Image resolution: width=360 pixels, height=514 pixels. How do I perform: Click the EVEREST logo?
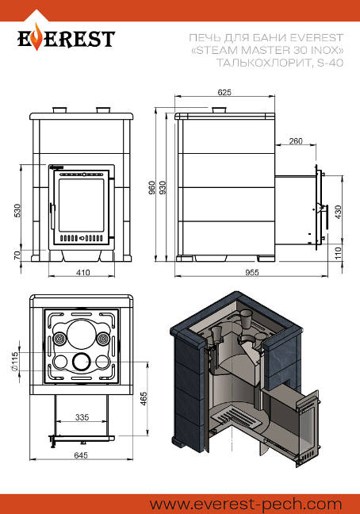point(66,39)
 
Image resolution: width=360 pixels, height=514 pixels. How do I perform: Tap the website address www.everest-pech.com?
point(245,504)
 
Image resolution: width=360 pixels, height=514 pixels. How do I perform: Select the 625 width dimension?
point(224,93)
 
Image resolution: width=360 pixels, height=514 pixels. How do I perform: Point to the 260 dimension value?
point(296,141)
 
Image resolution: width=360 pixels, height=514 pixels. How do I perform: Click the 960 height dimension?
point(152,187)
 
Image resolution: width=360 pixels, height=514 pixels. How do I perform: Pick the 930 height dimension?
point(163,187)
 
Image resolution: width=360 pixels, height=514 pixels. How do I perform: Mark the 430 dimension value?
point(338,213)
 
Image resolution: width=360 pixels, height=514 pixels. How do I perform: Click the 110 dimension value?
point(338,254)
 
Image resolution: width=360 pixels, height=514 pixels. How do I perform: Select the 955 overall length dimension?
point(252,272)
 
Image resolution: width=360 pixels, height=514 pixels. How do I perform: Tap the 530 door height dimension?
point(17,211)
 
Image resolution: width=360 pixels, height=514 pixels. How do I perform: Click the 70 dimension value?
point(17,255)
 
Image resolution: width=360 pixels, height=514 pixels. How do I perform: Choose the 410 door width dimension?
point(83,272)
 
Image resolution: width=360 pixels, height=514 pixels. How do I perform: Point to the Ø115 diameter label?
point(14,362)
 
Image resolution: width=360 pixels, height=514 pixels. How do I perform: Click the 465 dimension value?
point(144,399)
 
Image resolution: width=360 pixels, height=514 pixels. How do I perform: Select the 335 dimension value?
point(82,417)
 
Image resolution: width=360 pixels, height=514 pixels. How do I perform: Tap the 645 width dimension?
point(81,455)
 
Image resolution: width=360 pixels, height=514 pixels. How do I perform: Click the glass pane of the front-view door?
point(81,205)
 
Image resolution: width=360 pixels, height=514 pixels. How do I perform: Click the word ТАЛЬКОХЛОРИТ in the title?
point(263,63)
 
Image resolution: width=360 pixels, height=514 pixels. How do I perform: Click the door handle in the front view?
point(52,215)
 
